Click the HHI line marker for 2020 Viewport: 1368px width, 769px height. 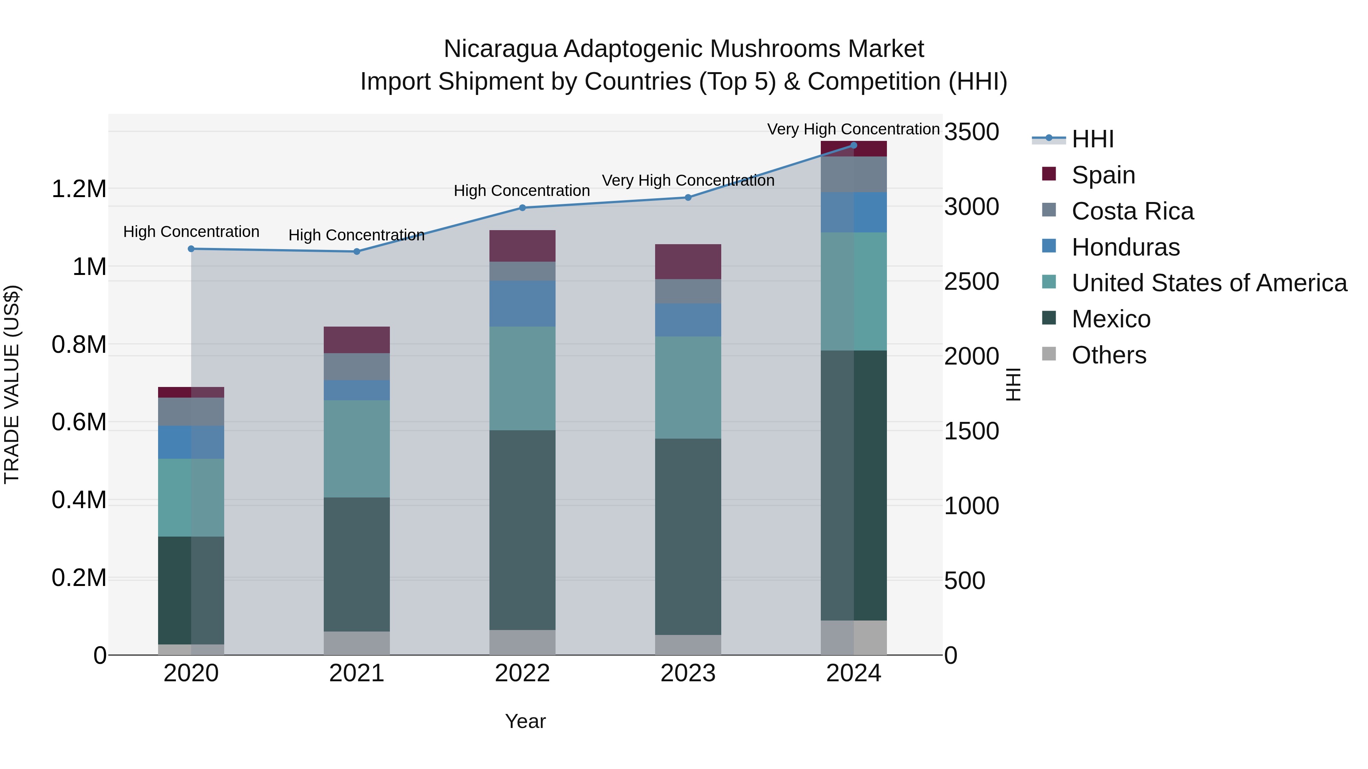191,249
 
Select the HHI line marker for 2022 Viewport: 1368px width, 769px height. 522,208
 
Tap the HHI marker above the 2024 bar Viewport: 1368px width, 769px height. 853,145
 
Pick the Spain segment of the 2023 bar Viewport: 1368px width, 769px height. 688,262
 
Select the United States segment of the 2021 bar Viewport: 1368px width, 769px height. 356,448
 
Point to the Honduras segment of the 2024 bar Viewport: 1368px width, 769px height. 853,212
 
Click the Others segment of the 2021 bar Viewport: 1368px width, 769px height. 356,643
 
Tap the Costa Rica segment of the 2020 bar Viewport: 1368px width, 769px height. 191,411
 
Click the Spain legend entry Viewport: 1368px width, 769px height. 1102,175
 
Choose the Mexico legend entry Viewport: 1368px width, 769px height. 1110,319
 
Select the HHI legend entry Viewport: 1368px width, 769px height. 1092,139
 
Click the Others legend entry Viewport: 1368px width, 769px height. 1108,355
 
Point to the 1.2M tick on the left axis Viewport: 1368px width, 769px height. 79,189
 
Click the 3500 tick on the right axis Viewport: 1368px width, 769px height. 971,132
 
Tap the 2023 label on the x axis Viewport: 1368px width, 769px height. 688,673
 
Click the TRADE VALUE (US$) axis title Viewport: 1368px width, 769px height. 12,384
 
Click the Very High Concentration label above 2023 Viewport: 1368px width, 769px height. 688,180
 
